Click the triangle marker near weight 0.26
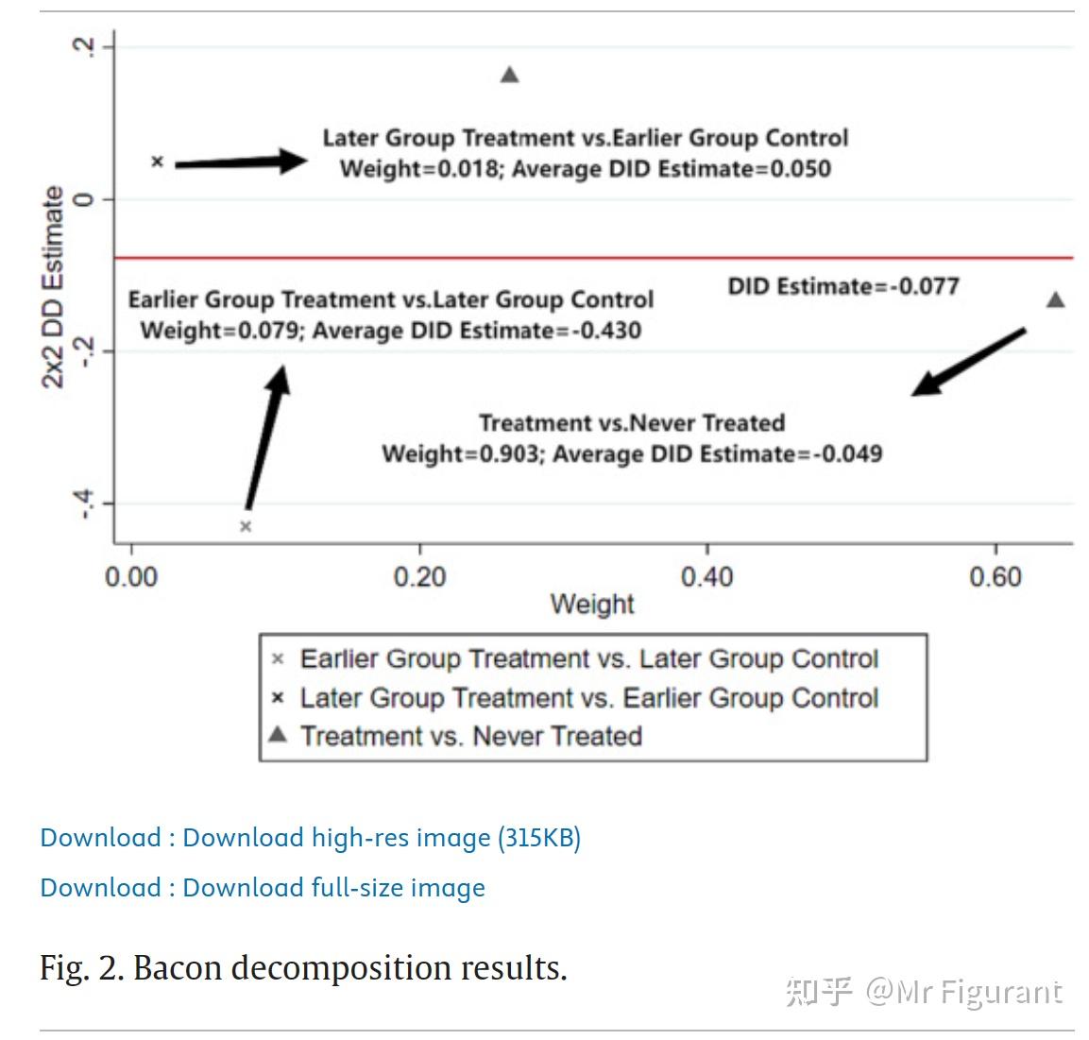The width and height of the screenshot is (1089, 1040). [509, 75]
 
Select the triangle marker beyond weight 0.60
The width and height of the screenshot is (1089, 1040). [1056, 299]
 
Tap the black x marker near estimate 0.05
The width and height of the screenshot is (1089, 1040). [158, 162]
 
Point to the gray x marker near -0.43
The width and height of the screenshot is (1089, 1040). [246, 526]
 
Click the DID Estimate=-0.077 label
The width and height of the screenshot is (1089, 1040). [842, 286]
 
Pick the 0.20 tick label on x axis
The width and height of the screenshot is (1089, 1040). [419, 577]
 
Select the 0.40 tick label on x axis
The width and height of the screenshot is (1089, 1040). [706, 577]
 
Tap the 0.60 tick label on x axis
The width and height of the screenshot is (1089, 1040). [995, 577]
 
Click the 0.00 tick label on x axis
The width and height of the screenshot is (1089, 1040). [131, 577]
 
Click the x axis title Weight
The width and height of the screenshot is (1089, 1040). [592, 605]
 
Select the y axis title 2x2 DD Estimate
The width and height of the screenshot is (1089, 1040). [53, 287]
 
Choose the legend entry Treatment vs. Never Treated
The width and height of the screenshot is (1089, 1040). [470, 736]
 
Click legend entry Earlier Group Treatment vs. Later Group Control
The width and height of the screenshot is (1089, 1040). [588, 658]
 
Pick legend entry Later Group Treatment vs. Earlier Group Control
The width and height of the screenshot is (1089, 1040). [588, 698]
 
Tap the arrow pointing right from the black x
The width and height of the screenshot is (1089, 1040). [242, 162]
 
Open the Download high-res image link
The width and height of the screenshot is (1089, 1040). [310, 838]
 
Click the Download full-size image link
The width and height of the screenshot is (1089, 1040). [263, 888]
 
